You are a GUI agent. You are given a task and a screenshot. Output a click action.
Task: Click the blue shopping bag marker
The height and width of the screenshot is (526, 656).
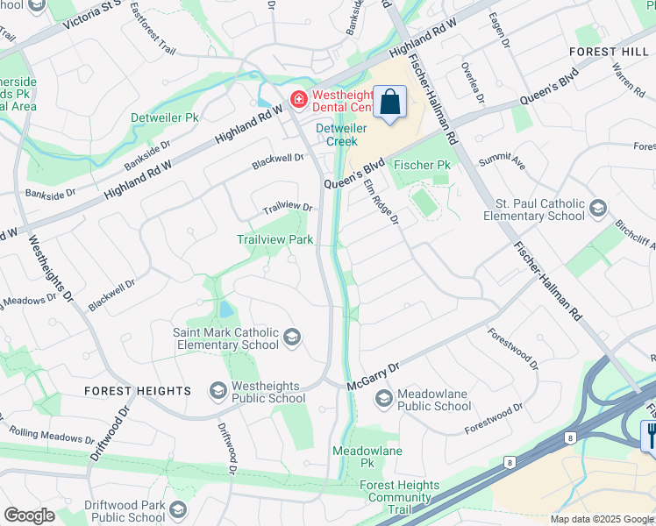click(x=390, y=102)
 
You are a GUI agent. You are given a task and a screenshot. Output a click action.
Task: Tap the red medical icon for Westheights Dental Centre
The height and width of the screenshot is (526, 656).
click(x=298, y=100)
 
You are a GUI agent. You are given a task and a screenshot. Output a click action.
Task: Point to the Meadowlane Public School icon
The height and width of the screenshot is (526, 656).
click(x=383, y=399)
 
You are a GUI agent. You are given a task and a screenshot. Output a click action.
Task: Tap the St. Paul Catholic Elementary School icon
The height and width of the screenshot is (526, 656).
click(x=597, y=209)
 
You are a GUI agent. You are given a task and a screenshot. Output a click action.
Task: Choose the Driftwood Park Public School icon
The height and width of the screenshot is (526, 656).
click(x=178, y=511)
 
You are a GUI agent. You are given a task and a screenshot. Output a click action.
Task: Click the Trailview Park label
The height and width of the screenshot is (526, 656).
click(x=275, y=239)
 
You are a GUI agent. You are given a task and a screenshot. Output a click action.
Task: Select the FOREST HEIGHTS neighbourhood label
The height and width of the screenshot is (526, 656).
click(x=138, y=391)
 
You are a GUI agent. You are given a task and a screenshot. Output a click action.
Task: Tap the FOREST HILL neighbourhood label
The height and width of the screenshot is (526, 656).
click(x=609, y=52)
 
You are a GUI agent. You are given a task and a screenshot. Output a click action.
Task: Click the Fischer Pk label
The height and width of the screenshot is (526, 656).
click(x=422, y=165)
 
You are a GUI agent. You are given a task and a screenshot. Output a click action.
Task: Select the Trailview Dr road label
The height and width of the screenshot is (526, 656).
click(x=289, y=208)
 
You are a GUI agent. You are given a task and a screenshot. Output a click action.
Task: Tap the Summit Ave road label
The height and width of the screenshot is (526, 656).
click(x=502, y=163)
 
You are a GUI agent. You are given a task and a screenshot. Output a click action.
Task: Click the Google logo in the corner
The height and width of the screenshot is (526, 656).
click(x=28, y=515)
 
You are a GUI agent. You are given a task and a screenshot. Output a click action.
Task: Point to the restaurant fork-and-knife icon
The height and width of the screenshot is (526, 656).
click(x=650, y=436)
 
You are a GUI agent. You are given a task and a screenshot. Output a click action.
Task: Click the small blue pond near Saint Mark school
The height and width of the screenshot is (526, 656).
click(x=225, y=309)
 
